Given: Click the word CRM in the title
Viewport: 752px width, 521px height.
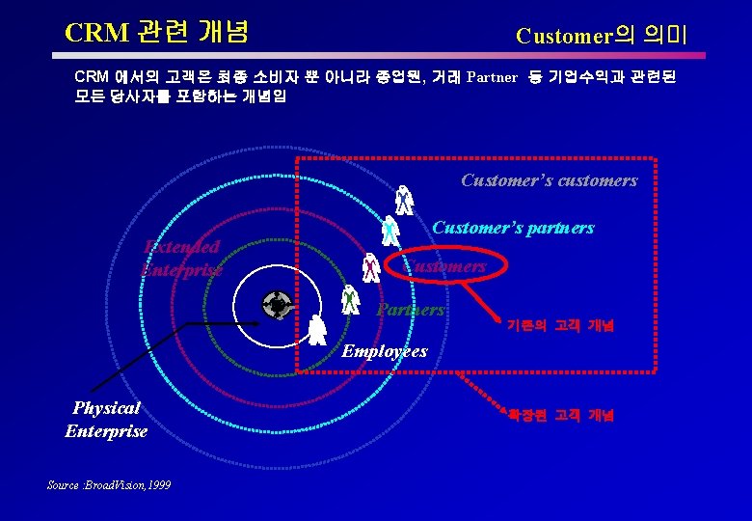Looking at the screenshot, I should tap(96, 33).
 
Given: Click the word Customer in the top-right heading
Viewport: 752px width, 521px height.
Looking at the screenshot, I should tap(564, 37).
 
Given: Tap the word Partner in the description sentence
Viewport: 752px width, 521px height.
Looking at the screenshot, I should tap(492, 77).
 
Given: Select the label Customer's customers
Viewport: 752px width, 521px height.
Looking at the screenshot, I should tap(549, 180).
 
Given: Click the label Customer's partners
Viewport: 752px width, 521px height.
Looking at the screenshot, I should tap(513, 229).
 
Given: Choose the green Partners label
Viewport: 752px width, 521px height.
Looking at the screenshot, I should tap(411, 310).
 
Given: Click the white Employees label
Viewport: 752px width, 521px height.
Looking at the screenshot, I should tap(385, 351).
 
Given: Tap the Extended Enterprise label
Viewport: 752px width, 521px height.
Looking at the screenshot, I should tap(180, 259).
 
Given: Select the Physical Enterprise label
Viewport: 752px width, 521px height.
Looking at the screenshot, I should tap(106, 420).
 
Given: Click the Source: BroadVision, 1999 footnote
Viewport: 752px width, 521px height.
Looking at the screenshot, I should tap(108, 484).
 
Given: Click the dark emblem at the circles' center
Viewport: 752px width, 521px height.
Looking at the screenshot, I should tap(278, 305).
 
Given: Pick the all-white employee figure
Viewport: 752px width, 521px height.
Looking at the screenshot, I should tap(317, 330).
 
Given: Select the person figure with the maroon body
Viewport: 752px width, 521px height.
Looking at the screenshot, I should tap(370, 266).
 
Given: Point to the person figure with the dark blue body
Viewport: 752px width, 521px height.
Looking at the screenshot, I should tap(404, 200).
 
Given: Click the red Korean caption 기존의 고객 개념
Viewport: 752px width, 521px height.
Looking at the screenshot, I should tap(560, 326).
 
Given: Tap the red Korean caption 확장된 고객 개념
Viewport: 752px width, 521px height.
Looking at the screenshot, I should tap(560, 416).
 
